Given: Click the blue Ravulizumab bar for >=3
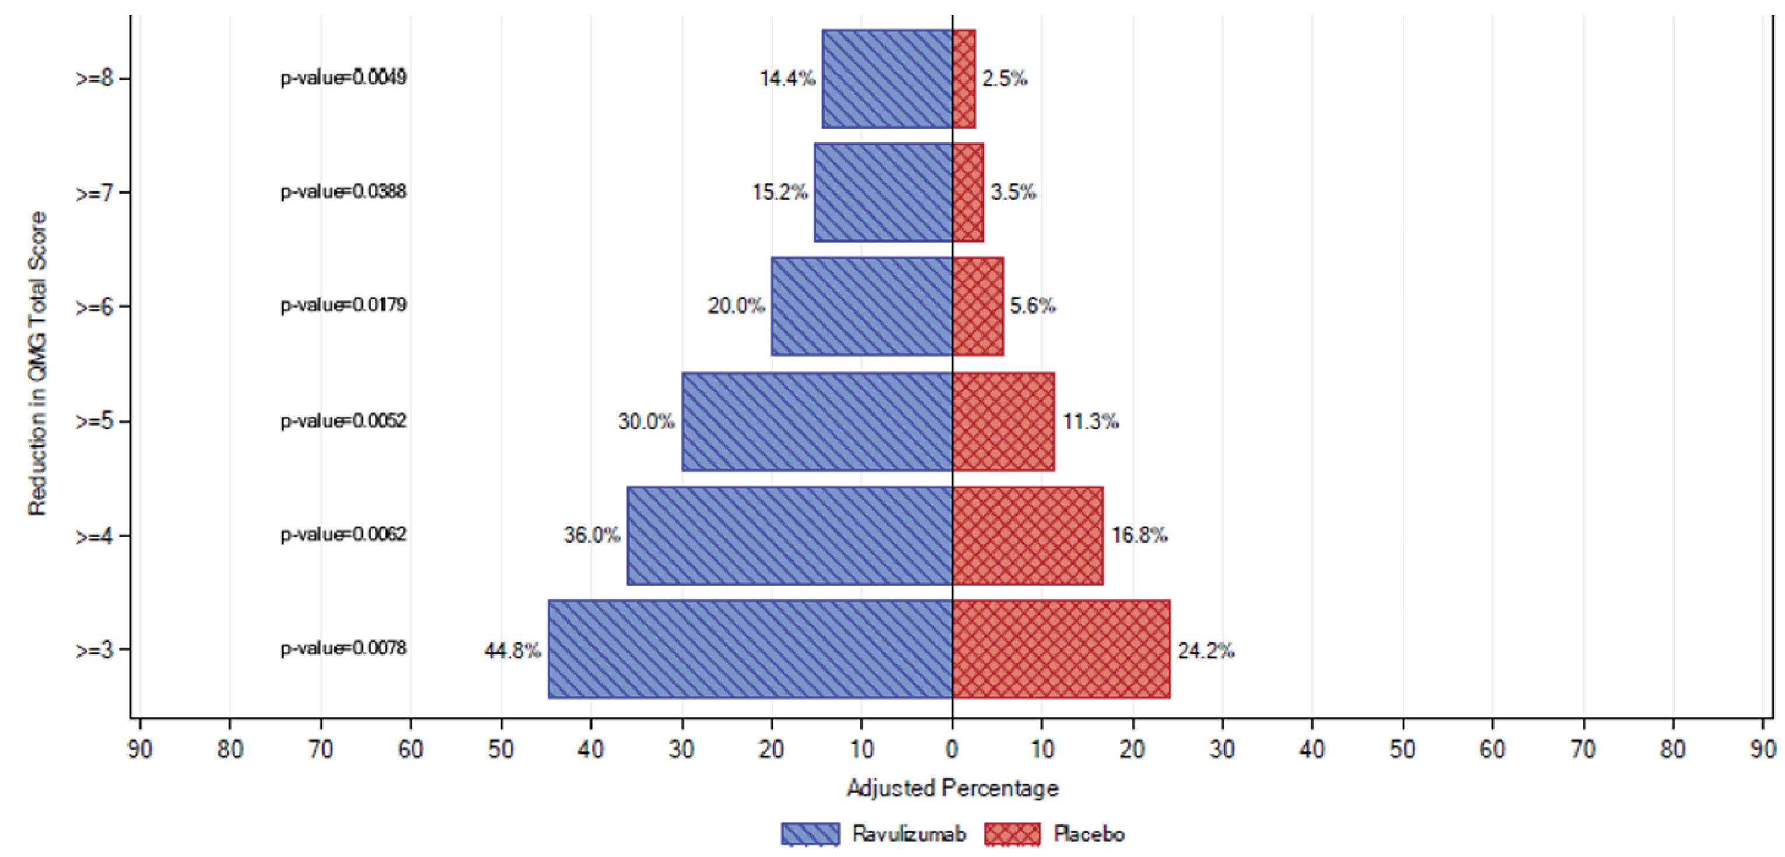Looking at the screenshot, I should point(750,649).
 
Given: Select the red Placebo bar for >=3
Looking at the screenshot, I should point(1061,649).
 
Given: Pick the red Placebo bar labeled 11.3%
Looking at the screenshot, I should point(1003,422).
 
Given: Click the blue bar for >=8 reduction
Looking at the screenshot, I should point(887,78).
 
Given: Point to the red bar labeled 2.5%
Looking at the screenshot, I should point(964,78).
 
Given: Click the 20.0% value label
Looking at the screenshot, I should point(736,305).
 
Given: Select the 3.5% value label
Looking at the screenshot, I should point(1013,192).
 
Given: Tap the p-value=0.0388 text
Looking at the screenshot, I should point(343,191).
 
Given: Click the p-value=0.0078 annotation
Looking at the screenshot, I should point(343,648).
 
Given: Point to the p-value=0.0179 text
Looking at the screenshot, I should point(343,305).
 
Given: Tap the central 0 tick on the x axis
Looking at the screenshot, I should point(952,749).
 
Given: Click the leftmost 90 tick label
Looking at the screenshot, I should point(140,749).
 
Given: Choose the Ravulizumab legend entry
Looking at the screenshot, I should point(873,834).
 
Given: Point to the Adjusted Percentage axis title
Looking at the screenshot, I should point(952,788).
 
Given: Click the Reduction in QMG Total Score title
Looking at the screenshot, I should point(37,364).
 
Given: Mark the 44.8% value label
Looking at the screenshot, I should point(513,651).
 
